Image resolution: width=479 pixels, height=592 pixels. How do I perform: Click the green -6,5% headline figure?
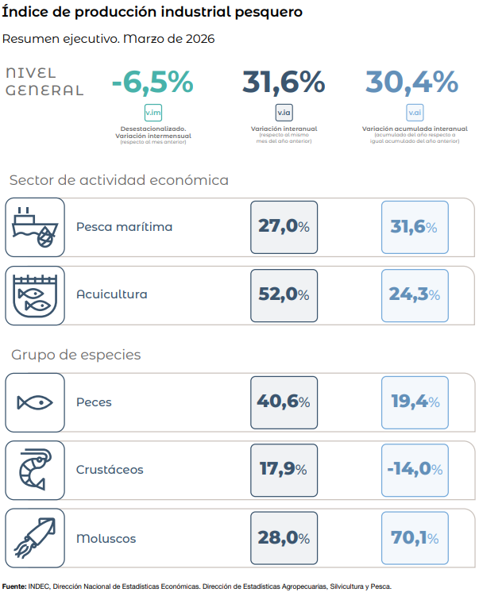153,82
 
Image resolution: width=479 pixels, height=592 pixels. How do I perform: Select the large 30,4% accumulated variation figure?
411,82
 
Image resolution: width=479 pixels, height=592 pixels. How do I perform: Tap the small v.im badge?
153,113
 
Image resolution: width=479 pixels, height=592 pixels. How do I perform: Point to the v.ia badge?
284,113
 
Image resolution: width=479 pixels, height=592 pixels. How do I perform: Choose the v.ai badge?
415,113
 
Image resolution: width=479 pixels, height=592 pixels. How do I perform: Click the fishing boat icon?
35,227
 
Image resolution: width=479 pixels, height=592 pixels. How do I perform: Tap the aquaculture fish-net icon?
35,296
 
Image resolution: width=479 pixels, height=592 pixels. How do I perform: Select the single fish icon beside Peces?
35,402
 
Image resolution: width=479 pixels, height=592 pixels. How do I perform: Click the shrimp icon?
35,470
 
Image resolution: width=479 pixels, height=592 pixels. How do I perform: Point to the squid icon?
35,538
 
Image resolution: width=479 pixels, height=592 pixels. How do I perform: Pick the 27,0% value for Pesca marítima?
284,227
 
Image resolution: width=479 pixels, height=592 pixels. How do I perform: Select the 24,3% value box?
415,296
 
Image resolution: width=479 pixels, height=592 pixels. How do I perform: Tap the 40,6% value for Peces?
284,402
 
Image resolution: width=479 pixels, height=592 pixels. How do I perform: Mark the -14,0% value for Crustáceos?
415,470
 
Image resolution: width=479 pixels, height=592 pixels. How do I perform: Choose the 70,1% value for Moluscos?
415,538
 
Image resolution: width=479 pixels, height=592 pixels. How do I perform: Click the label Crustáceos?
110,470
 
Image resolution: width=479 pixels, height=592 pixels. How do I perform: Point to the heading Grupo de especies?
76,355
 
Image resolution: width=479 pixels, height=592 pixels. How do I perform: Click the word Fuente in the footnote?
14,586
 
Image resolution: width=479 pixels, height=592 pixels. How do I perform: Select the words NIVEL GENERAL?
44,82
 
